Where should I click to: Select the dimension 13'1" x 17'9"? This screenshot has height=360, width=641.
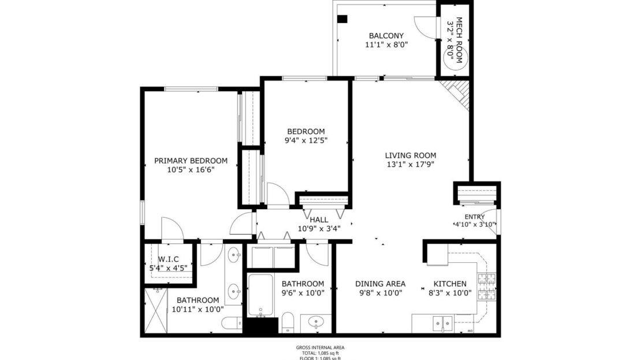(x=410, y=164)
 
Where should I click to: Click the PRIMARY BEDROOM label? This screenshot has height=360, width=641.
(x=191, y=161)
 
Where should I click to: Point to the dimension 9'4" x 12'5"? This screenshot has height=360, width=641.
(x=306, y=140)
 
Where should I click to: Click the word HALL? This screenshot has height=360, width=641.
(x=319, y=220)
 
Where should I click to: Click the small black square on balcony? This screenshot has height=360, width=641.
(x=342, y=19)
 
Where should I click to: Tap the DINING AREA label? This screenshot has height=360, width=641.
(x=380, y=284)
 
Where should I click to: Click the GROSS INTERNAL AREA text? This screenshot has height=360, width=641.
(x=320, y=348)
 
